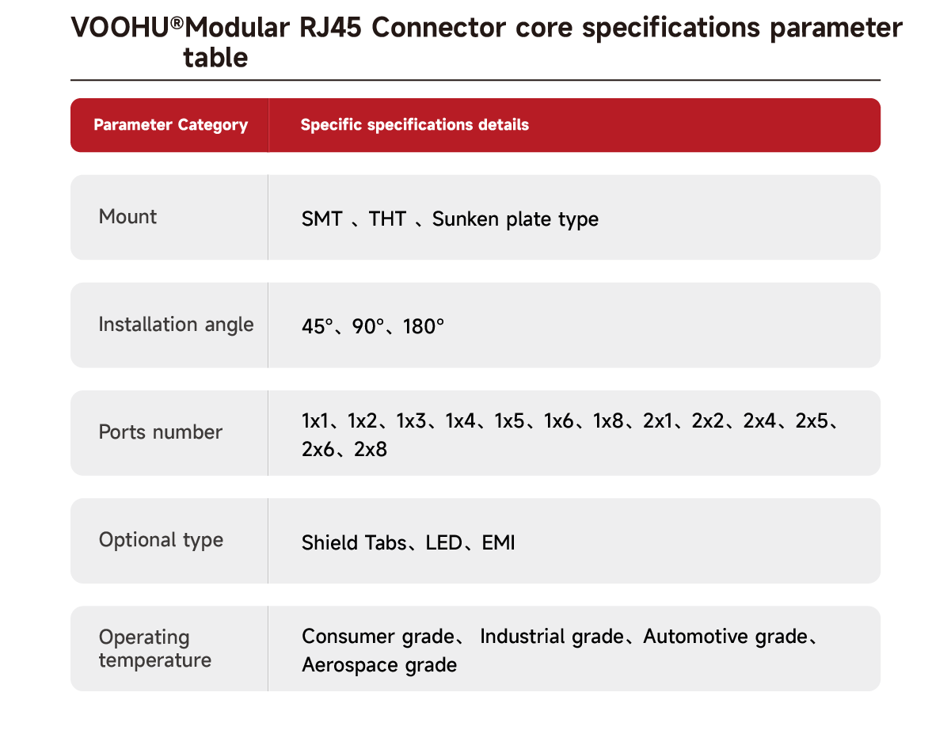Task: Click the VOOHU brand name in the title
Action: [120, 28]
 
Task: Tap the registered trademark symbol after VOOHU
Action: [177, 22]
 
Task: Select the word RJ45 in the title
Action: [330, 28]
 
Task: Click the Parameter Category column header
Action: [171, 124]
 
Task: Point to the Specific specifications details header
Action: [414, 124]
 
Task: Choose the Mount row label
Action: [127, 216]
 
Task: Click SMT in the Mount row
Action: [321, 219]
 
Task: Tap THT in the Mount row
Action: [387, 219]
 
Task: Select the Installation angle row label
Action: [176, 325]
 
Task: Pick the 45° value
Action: [318, 326]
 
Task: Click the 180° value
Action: [423, 326]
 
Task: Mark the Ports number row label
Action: [161, 432]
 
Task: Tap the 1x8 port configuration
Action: [608, 420]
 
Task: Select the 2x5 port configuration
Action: [812, 420]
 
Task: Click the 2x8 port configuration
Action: [371, 449]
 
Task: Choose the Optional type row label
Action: [161, 540]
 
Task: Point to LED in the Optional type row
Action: [443, 542]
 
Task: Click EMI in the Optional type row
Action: [498, 542]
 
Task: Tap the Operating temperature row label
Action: [155, 649]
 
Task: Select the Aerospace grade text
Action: [379, 665]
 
